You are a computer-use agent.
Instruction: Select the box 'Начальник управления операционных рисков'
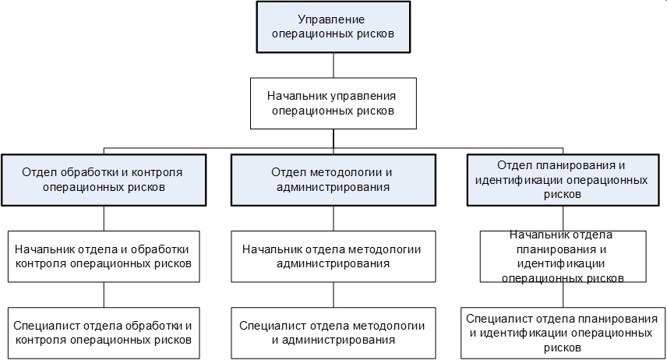333,103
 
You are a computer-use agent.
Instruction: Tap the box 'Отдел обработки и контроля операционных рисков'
103,179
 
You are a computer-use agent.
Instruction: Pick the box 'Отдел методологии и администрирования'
333,179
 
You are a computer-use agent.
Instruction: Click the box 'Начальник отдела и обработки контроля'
103,256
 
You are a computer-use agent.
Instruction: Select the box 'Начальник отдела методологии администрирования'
333,256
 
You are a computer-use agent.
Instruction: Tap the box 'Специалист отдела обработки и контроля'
103,332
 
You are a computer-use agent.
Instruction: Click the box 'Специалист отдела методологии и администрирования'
333,332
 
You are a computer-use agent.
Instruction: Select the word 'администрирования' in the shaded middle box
333,187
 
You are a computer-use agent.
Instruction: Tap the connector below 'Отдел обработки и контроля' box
103,218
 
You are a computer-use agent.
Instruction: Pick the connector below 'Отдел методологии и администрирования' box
333,218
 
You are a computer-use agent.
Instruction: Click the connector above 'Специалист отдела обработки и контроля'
103,295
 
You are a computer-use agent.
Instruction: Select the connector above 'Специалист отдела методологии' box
333,295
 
